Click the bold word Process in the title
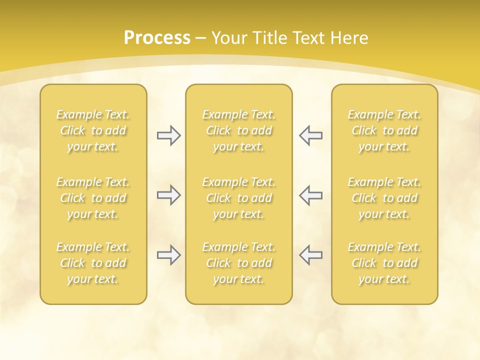click(x=157, y=37)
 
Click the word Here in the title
click(x=349, y=37)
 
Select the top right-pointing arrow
click(x=168, y=135)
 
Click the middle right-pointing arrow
click(x=168, y=195)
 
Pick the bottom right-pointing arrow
click(x=168, y=255)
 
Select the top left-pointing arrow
click(x=311, y=135)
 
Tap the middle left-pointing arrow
click(x=311, y=195)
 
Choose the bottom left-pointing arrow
click(x=311, y=255)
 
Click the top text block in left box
click(x=93, y=130)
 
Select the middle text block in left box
click(x=93, y=198)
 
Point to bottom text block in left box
click(x=93, y=263)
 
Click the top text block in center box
click(x=239, y=130)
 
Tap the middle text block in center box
click(x=239, y=198)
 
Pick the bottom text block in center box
click(x=239, y=263)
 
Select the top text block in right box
click(x=384, y=130)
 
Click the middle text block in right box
click(x=384, y=198)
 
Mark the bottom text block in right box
click(x=384, y=263)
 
